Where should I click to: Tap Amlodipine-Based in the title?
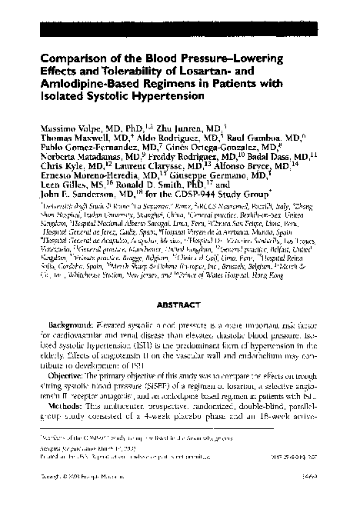(x=96, y=85)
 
